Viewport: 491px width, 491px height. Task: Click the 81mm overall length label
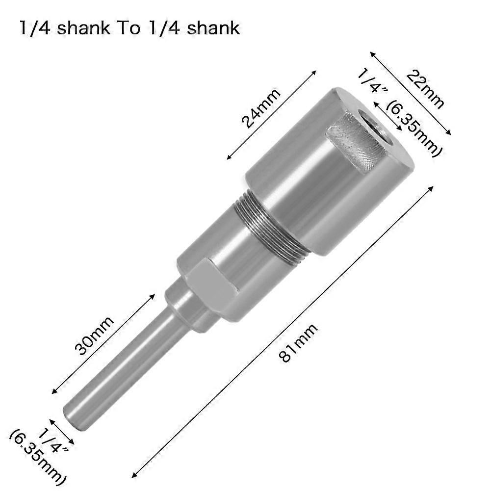point(298,343)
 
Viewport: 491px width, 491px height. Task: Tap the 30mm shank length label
point(95,336)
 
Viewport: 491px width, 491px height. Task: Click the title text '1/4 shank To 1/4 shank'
point(130,28)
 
